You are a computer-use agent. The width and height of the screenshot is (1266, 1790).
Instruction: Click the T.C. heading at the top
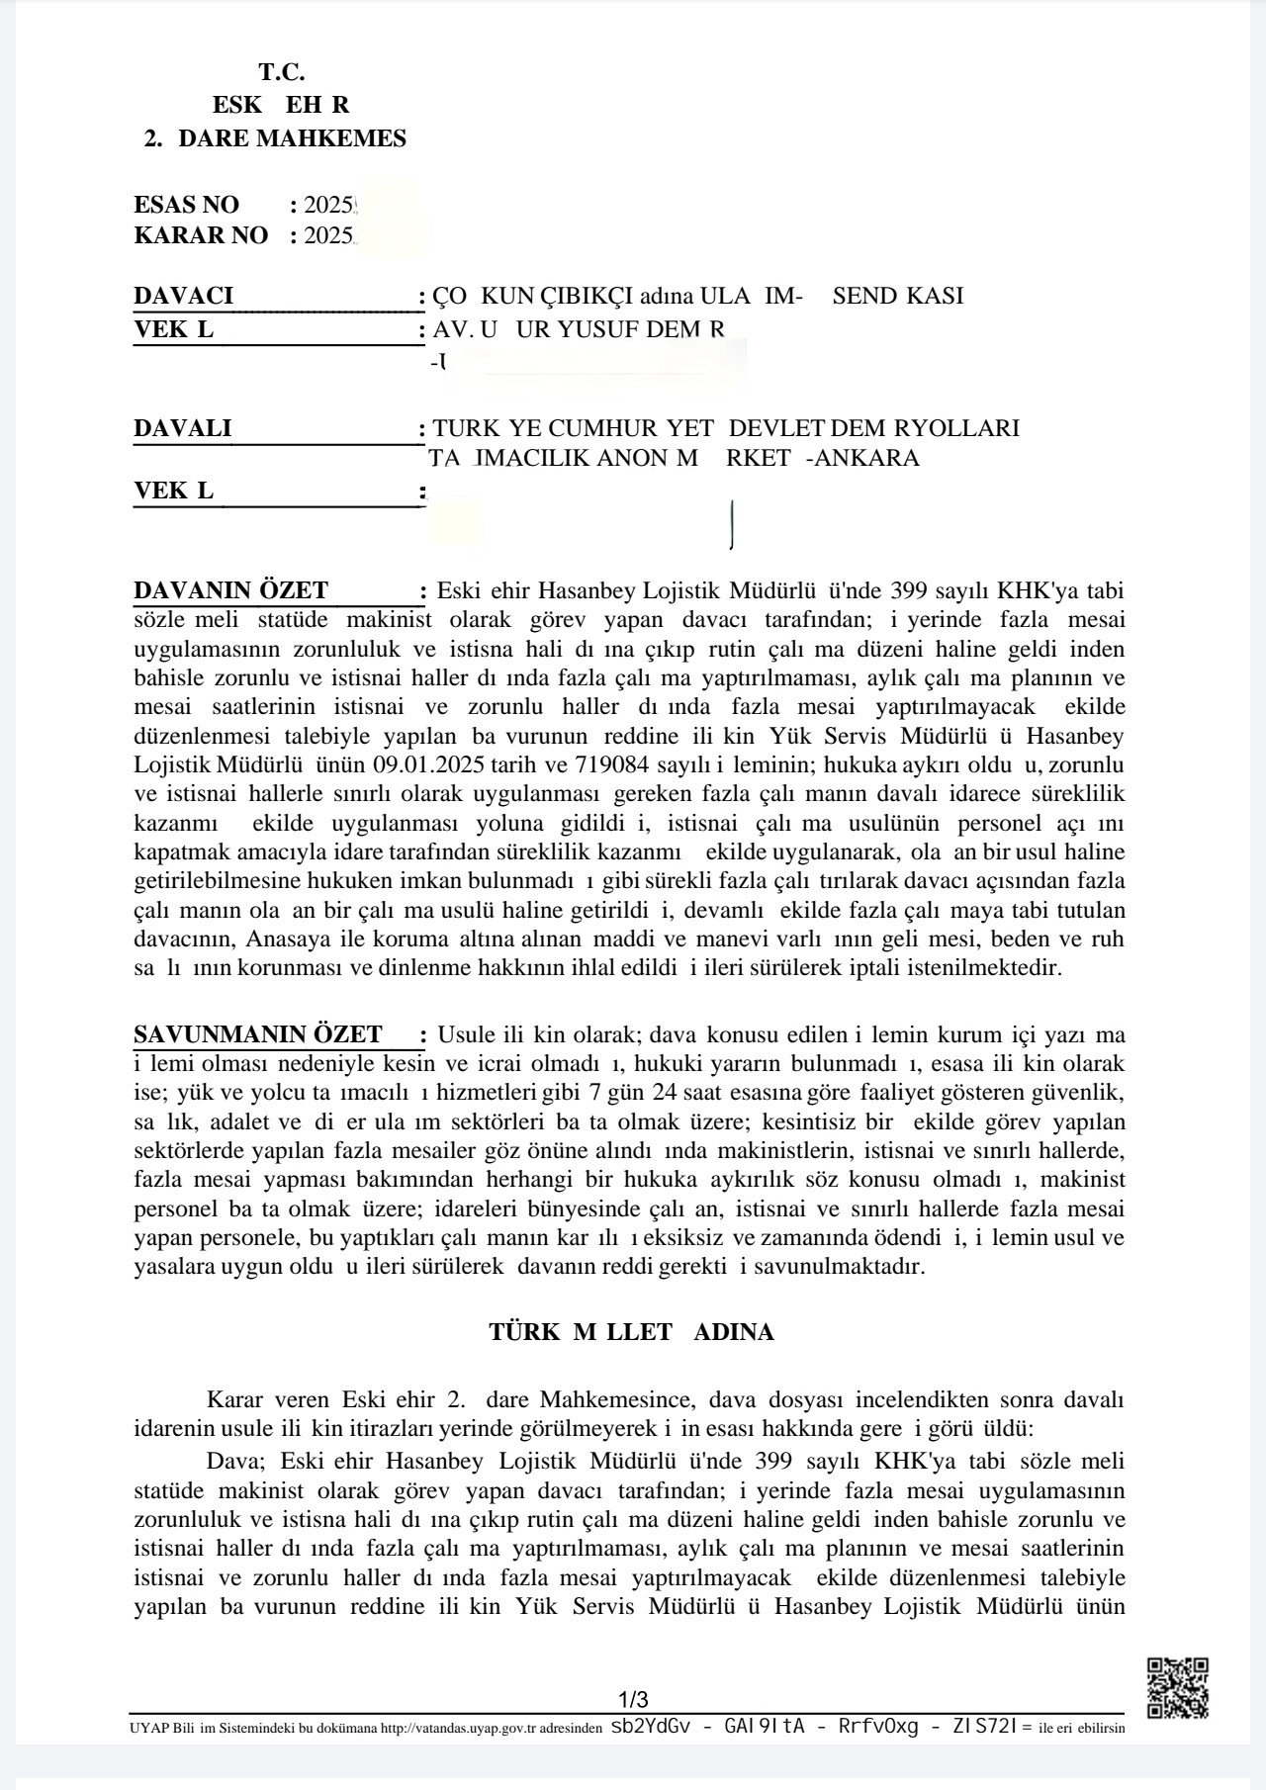pos(282,72)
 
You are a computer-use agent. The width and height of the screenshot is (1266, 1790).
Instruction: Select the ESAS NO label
pos(186,205)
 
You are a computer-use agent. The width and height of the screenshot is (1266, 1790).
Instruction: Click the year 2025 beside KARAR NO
pos(328,235)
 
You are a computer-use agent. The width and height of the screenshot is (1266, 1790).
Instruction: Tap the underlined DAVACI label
pos(184,296)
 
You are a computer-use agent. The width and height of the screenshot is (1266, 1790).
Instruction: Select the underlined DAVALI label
pos(183,428)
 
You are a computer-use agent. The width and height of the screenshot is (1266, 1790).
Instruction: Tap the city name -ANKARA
pos(862,458)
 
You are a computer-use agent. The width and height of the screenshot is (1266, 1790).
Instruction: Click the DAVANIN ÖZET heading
pos(231,591)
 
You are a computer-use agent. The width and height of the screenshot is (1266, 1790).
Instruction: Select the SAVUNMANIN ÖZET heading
pos(258,1035)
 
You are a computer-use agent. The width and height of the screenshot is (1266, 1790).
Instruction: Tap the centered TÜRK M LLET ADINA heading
pos(631,1332)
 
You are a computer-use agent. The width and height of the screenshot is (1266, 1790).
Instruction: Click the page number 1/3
pos(633,1700)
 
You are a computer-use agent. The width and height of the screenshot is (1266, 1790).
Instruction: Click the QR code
pos(1177,1688)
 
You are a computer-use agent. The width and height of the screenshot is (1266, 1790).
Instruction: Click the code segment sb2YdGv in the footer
pos(651,1727)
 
